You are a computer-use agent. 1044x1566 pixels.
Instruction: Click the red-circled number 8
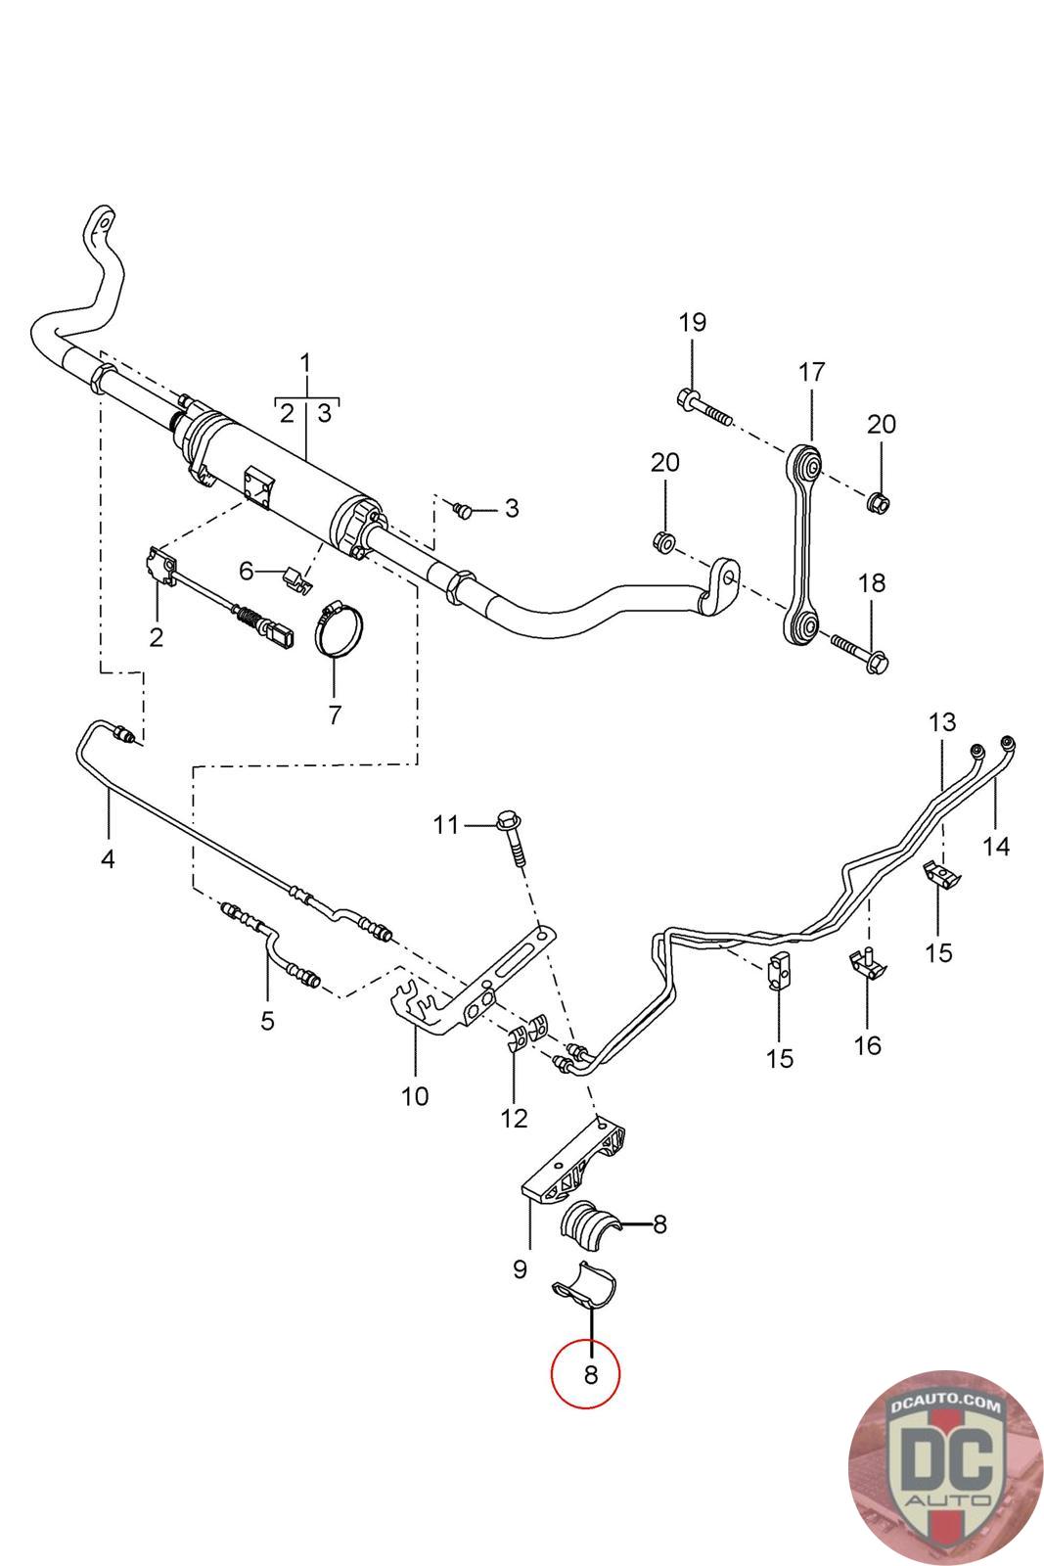coord(590,1374)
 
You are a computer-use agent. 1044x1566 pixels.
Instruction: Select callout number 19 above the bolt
coord(692,322)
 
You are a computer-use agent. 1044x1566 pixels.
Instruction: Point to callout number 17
coord(812,372)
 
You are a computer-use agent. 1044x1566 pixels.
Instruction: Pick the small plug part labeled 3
coord(463,509)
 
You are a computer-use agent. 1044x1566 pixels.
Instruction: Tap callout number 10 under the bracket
coord(415,1095)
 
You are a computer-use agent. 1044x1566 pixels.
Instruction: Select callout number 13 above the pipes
coord(941,723)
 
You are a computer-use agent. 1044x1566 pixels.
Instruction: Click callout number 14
coord(996,845)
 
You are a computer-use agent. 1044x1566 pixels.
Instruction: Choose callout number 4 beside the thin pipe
coord(108,859)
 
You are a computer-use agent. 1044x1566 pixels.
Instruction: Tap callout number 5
coord(267,1021)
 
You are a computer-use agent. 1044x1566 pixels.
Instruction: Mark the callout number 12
coord(514,1118)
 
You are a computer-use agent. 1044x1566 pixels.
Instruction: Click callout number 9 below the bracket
coord(520,1269)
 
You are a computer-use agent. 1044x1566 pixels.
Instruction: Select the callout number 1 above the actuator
coord(305,363)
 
